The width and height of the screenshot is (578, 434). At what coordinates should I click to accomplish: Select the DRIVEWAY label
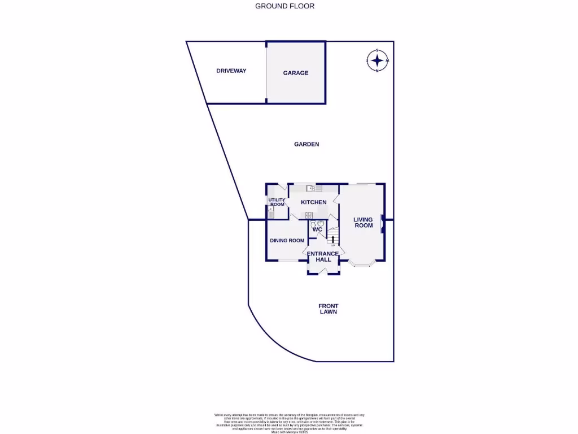231,71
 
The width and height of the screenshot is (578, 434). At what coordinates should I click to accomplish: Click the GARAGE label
296,73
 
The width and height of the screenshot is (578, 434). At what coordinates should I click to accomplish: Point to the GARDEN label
306,144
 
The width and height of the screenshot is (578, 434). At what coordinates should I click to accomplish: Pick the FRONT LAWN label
328,309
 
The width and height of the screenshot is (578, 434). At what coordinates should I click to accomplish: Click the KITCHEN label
313,202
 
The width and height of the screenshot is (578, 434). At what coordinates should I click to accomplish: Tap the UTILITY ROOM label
277,202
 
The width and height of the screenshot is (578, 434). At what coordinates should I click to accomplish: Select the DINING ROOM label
287,240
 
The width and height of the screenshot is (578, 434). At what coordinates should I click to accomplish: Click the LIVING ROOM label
363,223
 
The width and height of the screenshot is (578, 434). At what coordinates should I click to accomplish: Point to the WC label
317,229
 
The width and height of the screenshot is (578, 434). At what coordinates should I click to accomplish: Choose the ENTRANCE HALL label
323,257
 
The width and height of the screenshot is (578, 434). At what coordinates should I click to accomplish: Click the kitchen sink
310,188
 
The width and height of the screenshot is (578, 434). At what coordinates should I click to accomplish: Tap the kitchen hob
309,215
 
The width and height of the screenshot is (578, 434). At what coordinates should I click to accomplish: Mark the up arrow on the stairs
333,239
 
